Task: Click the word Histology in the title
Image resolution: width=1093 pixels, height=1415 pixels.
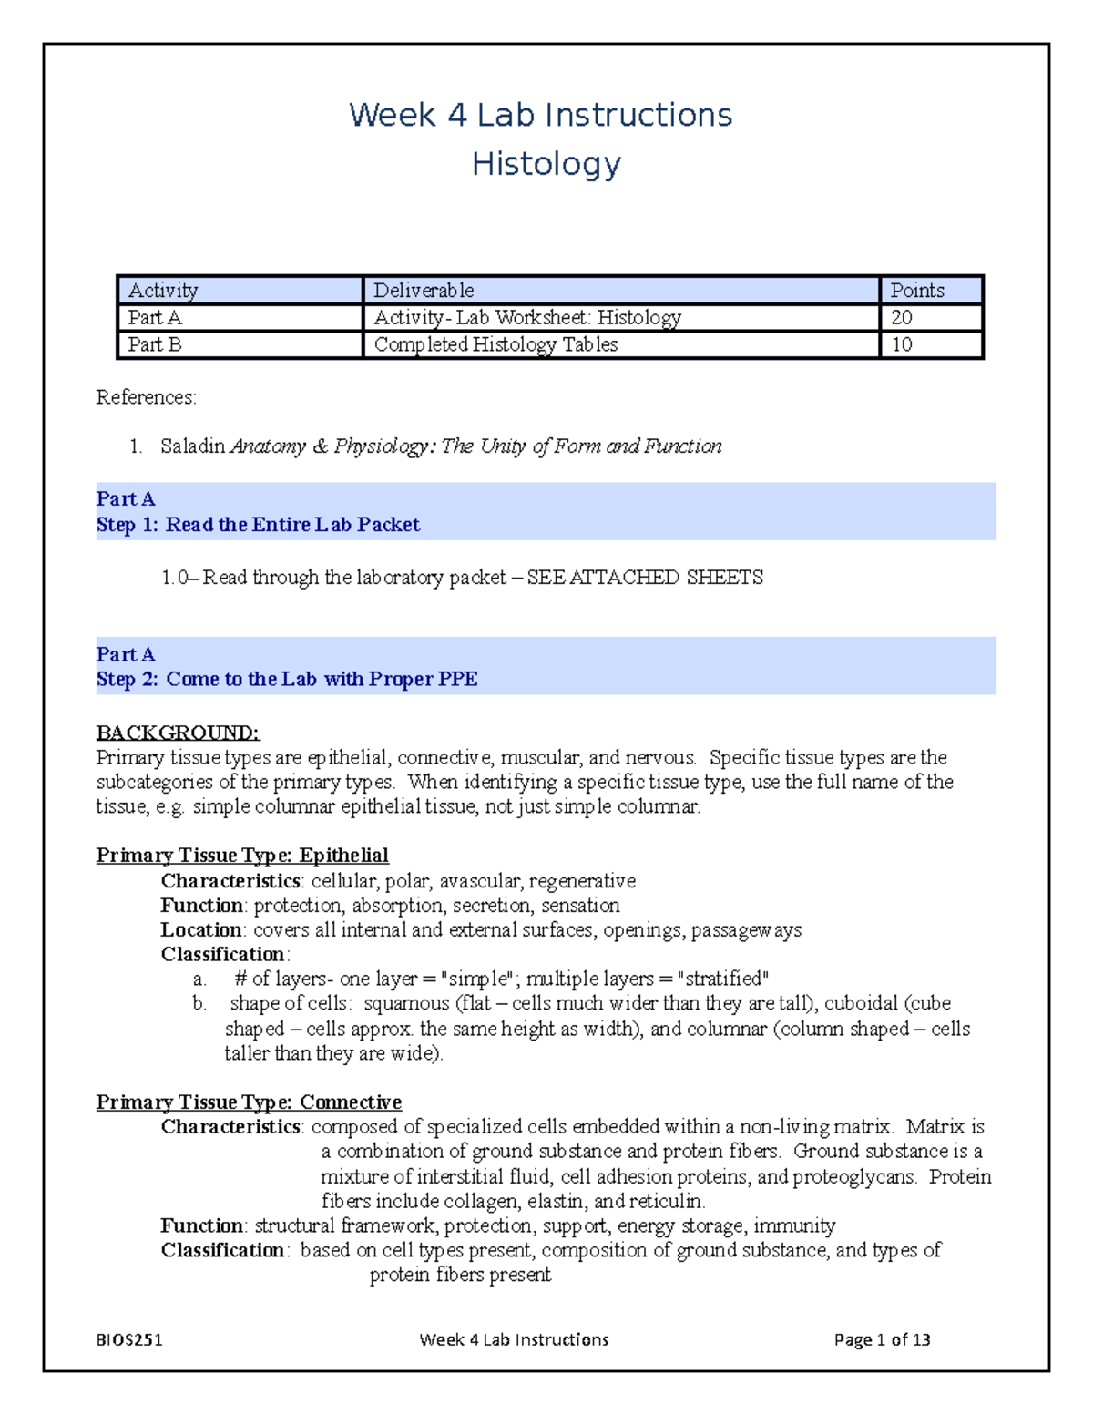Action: click(x=546, y=165)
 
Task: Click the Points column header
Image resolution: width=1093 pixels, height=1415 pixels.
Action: click(x=916, y=291)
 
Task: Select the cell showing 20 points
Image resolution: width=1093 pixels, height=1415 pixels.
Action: click(x=902, y=318)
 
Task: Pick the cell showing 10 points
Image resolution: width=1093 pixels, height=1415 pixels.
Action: click(x=902, y=344)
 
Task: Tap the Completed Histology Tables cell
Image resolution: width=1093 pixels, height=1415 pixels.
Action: click(x=495, y=344)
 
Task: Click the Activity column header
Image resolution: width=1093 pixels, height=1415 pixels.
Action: click(x=163, y=291)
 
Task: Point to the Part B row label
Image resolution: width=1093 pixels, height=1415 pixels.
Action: click(x=155, y=344)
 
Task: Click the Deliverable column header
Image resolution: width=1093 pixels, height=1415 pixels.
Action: click(x=424, y=291)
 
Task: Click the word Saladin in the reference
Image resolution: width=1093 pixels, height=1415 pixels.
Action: click(x=192, y=446)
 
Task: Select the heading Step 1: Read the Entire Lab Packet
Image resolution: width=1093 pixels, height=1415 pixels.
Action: click(x=258, y=525)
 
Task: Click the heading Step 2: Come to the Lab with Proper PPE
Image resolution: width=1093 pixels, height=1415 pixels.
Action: click(x=287, y=679)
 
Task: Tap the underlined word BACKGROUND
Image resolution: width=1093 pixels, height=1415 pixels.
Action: click(x=178, y=733)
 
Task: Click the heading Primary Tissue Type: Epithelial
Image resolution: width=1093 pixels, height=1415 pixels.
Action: click(x=242, y=856)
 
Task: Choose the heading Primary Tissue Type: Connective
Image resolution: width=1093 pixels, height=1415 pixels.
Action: click(x=249, y=1102)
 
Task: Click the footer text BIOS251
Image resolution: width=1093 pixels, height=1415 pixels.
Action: click(x=129, y=1339)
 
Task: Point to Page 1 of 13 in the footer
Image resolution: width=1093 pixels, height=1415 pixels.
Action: click(x=882, y=1339)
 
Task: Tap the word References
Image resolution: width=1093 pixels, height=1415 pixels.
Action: click(x=146, y=397)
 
